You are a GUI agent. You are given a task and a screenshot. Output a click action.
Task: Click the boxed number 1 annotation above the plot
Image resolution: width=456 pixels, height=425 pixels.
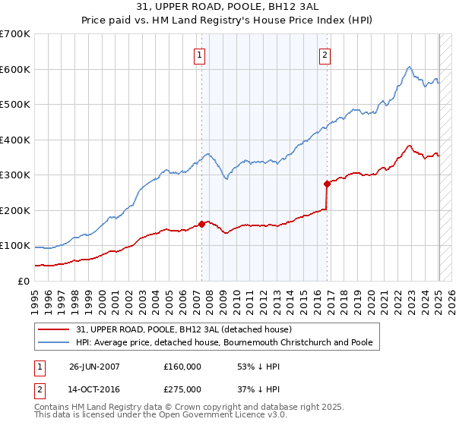point(199,54)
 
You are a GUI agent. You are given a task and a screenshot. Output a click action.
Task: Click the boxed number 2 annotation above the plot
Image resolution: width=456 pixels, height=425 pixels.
point(325,54)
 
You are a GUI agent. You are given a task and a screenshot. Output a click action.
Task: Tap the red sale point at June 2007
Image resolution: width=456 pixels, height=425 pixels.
point(202,224)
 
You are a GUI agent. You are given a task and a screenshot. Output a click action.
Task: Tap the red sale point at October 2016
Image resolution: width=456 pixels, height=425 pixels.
point(327,184)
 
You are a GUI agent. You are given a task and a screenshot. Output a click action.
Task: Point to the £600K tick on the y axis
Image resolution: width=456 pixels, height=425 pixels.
point(15,69)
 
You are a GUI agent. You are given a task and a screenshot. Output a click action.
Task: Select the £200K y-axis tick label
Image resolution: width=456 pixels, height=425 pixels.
point(15,210)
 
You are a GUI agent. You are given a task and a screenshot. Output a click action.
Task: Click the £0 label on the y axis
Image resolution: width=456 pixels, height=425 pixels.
point(24,281)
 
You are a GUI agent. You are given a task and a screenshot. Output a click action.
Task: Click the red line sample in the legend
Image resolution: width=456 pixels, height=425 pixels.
point(54,329)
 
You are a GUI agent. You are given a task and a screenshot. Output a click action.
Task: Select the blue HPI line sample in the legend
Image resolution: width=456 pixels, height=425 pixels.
point(54,342)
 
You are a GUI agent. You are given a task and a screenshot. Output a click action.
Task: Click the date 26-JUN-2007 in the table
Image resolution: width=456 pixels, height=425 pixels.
point(94,366)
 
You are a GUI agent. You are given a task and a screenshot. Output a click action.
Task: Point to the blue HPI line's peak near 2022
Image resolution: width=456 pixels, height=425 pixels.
point(409,67)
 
